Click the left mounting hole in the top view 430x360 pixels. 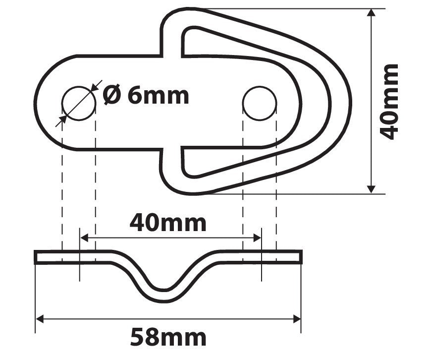pyautogui.click(x=78, y=103)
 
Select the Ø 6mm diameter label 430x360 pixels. pyautogui.click(x=146, y=95)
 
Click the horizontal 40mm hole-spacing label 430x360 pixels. pyautogui.click(x=168, y=223)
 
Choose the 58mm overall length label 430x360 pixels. pyautogui.click(x=168, y=338)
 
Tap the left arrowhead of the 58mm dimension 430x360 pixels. pyautogui.click(x=40, y=318)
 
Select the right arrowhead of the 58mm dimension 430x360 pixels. pyautogui.click(x=297, y=318)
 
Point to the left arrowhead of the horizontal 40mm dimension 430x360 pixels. pyautogui.click(x=84, y=238)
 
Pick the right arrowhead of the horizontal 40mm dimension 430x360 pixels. pyautogui.click(x=257, y=238)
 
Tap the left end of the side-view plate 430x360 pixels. pyautogui.click(x=36, y=257)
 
